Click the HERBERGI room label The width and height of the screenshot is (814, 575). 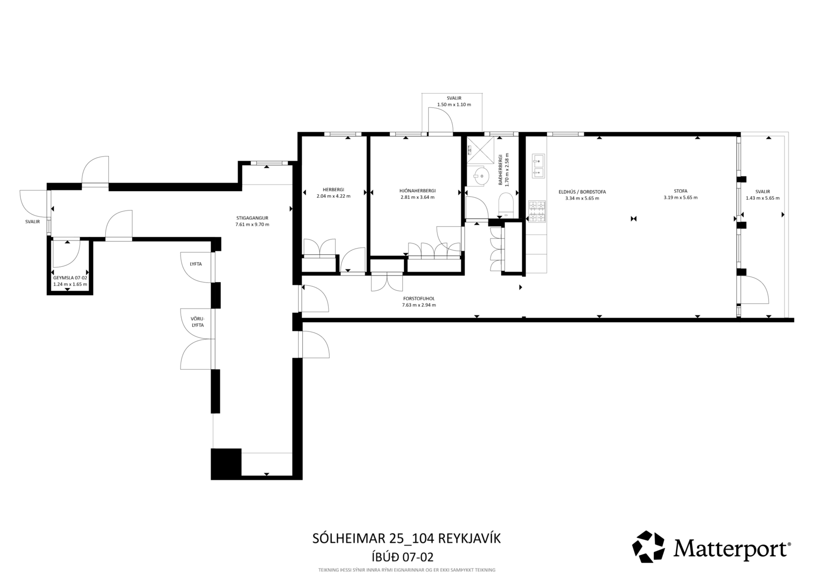[x=333, y=190]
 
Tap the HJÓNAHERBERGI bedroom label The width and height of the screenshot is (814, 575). [x=417, y=191]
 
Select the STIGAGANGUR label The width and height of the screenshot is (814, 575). [x=252, y=218]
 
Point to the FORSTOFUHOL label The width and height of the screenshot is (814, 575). [x=419, y=298]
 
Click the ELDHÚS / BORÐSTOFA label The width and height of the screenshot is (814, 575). [x=582, y=192]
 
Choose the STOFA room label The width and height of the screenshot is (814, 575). [x=681, y=191]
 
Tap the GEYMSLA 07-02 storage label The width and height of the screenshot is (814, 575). [x=70, y=278]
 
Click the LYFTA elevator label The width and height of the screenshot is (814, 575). [x=196, y=264]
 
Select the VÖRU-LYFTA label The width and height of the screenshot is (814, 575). [x=198, y=322]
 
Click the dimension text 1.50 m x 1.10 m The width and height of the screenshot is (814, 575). [x=454, y=105]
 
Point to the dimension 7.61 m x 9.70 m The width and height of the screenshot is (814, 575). [x=252, y=225]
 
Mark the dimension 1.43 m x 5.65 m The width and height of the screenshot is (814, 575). [x=763, y=198]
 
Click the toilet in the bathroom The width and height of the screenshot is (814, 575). [x=506, y=205]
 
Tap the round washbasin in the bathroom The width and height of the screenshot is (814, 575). [x=481, y=176]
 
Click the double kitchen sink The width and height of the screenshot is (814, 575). [x=538, y=166]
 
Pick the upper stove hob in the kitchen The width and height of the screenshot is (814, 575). [x=537, y=205]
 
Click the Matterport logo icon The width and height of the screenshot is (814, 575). [x=648, y=547]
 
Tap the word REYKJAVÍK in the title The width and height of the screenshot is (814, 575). [x=470, y=538]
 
